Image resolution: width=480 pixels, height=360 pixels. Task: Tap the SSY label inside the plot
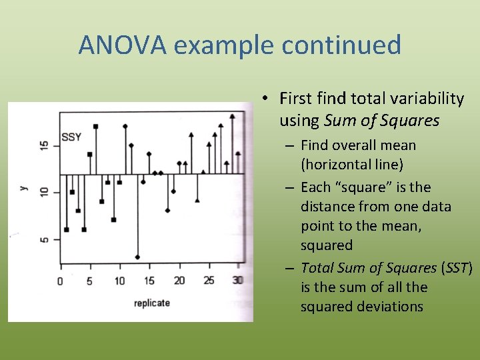coord(71,137)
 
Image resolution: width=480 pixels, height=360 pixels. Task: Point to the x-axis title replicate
coord(151,303)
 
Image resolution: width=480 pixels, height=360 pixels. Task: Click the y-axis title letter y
coord(23,189)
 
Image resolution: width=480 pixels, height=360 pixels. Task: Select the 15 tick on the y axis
coord(44,145)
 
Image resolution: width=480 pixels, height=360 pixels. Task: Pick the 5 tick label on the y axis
coord(44,240)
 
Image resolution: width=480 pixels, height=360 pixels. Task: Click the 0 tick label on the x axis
coord(60,281)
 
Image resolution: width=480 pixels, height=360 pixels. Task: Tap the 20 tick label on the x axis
coord(179,281)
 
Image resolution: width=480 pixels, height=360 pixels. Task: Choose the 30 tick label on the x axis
coord(238,281)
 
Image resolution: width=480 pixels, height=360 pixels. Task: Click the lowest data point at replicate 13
coord(137,257)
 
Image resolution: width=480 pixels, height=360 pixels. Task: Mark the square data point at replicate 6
coord(96,126)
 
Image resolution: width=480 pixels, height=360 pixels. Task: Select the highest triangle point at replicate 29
coord(232,116)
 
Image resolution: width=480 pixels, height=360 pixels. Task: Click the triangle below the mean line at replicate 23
coord(197,200)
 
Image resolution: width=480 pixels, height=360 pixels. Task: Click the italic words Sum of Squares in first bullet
coord(381,121)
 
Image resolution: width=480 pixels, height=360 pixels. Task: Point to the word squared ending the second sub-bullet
coord(327,245)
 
